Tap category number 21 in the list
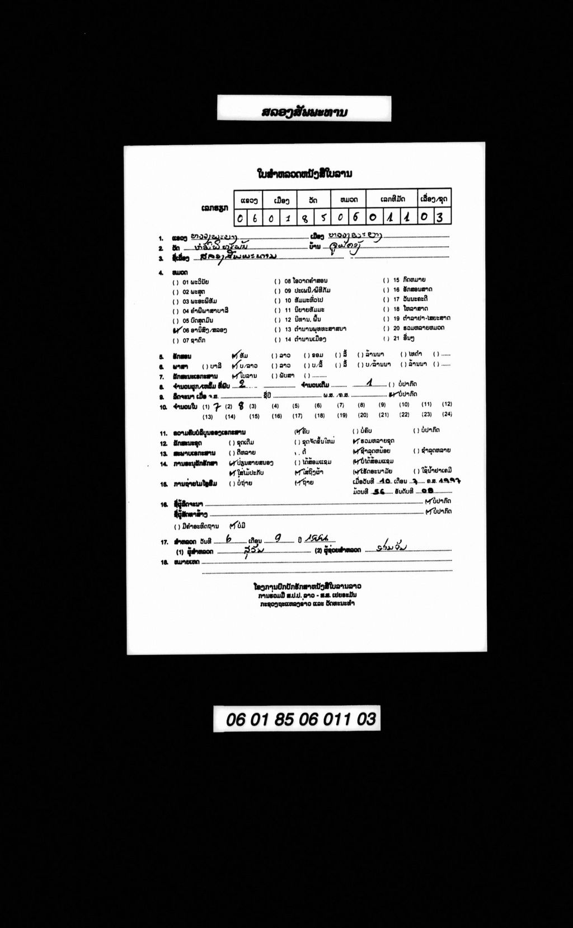(396, 339)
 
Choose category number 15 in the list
(396, 280)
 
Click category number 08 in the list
(288, 280)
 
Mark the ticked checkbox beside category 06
(176, 330)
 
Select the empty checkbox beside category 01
(176, 282)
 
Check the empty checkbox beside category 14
(278, 339)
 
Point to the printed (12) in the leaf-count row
(447, 404)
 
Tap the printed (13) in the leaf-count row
(208, 417)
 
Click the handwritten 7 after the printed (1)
(218, 406)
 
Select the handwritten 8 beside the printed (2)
(241, 406)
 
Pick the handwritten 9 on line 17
(278, 538)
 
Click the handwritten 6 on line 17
(229, 538)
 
